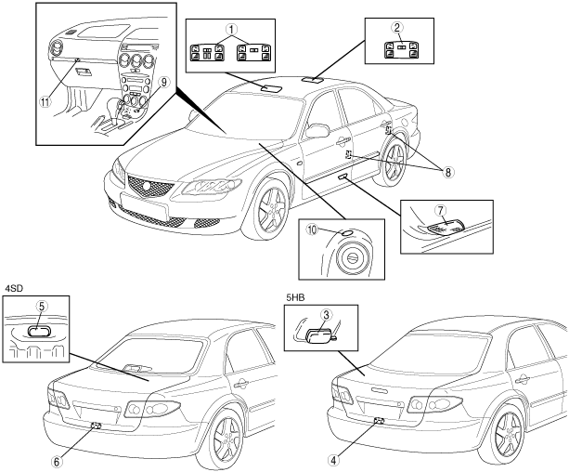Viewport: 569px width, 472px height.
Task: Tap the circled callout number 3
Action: coord(326,315)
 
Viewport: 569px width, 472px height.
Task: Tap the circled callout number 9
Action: coord(163,81)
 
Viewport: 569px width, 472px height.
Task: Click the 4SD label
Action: coord(13,286)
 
